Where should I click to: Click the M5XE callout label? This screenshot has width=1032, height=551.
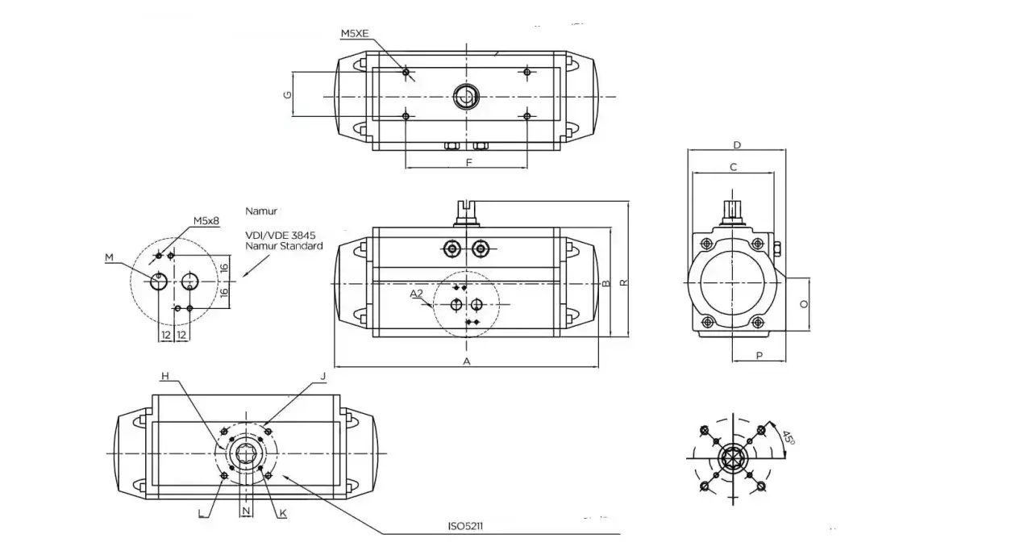[x=355, y=34]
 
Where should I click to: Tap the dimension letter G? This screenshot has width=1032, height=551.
[x=288, y=95]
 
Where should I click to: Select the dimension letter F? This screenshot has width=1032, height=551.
[x=469, y=163]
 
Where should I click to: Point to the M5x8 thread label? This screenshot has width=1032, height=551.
[x=206, y=221]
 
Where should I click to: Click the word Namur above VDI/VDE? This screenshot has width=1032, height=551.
[x=261, y=211]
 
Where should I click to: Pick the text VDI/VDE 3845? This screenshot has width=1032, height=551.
[x=280, y=236]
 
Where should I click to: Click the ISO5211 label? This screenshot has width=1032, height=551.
[x=465, y=526]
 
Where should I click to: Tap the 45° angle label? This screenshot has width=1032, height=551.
[x=789, y=437]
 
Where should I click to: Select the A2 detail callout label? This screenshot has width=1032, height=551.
[x=416, y=294]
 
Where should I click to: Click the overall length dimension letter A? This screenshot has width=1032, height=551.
[x=467, y=361]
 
